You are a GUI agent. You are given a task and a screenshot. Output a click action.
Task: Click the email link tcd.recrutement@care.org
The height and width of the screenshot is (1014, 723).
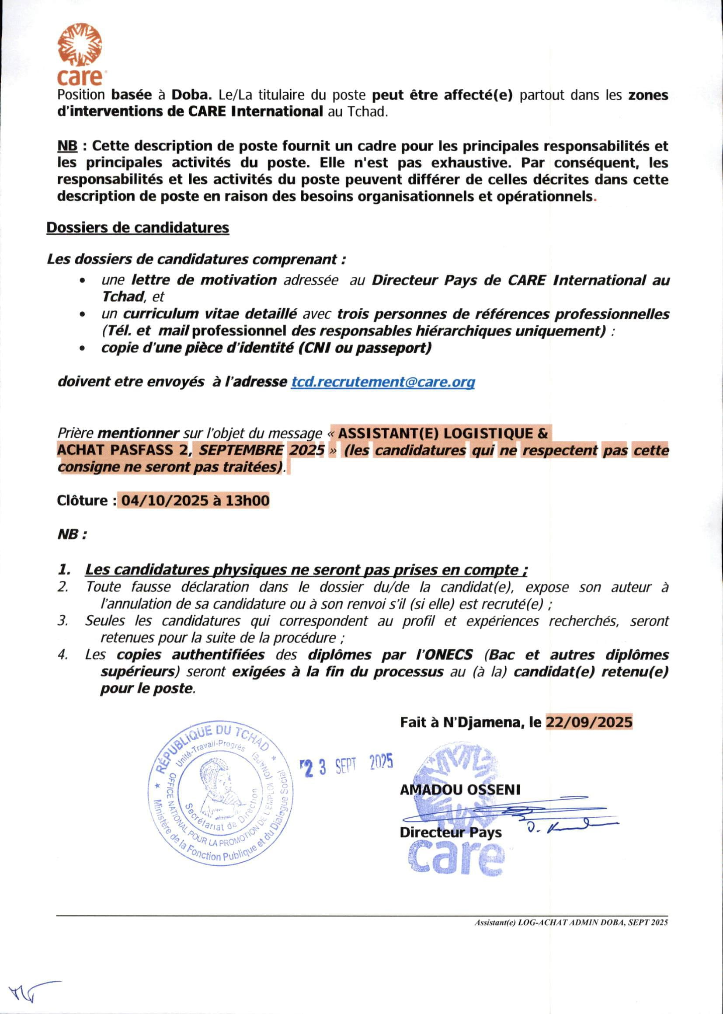point(383,382)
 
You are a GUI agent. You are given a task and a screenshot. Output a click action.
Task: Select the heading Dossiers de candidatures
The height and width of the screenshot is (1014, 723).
point(138,227)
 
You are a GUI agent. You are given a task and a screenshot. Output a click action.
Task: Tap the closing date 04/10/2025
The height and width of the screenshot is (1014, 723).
point(164,501)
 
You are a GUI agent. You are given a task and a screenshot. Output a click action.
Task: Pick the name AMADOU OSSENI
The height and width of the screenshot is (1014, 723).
point(460,790)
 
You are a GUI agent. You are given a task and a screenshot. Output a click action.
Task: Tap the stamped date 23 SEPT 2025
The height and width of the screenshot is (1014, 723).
point(347,764)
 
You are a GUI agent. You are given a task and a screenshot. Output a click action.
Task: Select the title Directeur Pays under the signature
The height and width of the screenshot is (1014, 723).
point(451,832)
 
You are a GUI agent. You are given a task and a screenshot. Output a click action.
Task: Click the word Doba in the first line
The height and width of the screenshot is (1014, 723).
point(192,95)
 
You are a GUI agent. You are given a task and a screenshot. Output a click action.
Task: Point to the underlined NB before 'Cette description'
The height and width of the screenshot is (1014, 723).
point(67,146)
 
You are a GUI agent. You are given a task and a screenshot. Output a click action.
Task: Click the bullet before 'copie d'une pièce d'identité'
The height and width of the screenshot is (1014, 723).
point(82,348)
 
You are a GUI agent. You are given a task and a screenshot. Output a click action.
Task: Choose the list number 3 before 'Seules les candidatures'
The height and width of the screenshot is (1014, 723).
point(63,621)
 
